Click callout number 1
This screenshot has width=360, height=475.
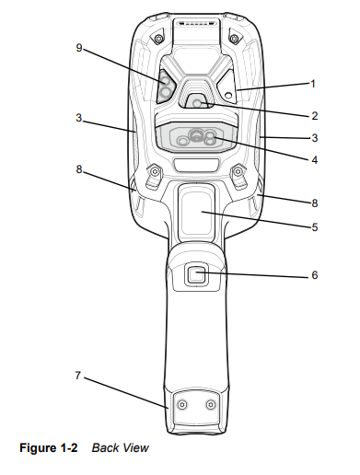pos(312,84)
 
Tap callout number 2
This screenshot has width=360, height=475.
pos(314,116)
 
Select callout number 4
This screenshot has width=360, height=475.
pos(314,158)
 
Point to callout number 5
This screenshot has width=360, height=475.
pos(314,225)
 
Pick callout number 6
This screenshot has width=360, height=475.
pos(314,274)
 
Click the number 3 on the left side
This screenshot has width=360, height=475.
pos(79,117)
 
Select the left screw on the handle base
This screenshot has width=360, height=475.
pos(182,405)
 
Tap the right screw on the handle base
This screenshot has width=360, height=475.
pos(212,405)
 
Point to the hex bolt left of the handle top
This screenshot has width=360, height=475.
pos(154,172)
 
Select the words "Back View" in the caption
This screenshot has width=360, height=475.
pos(120,448)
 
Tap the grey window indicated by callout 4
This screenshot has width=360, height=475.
pos(197,138)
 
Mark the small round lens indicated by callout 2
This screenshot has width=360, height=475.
pos(197,104)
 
